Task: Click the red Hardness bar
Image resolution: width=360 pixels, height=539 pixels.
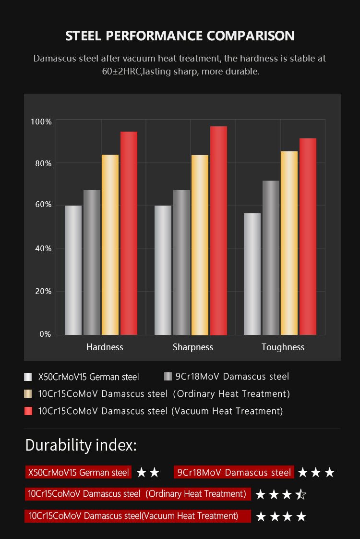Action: (x=129, y=233)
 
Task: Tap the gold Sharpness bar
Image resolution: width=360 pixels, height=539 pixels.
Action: (x=200, y=245)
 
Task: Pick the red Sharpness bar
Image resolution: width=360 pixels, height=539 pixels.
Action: (x=218, y=231)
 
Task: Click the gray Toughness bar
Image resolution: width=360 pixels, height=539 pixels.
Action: (x=271, y=257)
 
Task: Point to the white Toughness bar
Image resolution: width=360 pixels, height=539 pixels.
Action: (x=252, y=274)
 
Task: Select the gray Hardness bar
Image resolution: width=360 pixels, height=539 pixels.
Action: (x=92, y=262)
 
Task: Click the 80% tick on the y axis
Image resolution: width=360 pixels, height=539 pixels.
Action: (x=41, y=163)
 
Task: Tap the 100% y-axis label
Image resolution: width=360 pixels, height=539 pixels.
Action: (x=41, y=122)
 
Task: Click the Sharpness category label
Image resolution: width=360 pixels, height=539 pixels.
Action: (x=193, y=347)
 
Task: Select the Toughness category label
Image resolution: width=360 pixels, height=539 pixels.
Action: (x=283, y=347)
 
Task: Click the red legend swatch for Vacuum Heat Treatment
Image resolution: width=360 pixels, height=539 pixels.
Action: (x=28, y=411)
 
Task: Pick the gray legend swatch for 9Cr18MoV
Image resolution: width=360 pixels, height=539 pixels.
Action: (x=168, y=377)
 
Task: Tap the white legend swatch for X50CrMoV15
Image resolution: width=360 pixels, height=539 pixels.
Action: (x=28, y=377)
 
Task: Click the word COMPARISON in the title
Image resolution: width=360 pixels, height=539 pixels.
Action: (x=251, y=36)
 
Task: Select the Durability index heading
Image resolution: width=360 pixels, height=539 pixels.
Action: (x=81, y=445)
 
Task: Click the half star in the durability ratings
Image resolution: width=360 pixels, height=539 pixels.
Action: (x=301, y=494)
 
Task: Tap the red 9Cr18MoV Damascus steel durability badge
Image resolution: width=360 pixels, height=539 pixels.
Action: (x=234, y=472)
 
